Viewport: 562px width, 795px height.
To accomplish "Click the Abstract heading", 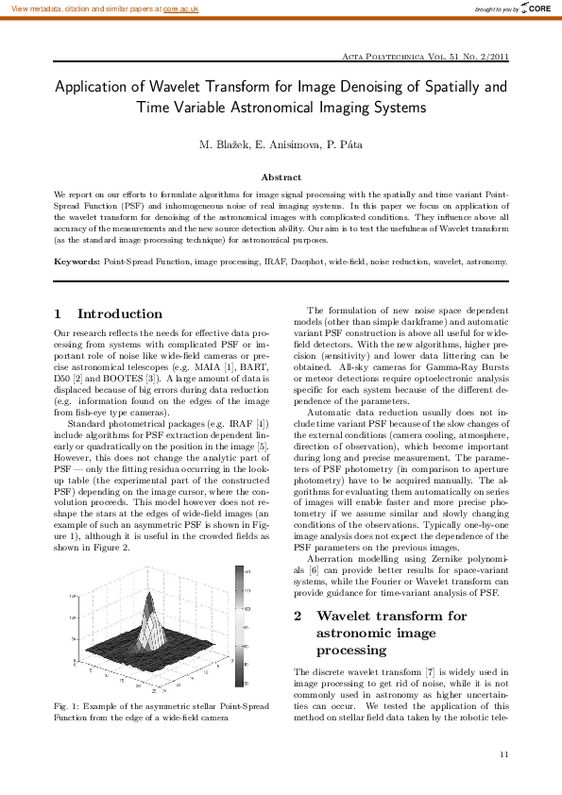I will coord(281,177).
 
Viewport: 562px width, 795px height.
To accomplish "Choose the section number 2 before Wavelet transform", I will coord(298,616).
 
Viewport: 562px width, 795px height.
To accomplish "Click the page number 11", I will coord(503,753).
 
